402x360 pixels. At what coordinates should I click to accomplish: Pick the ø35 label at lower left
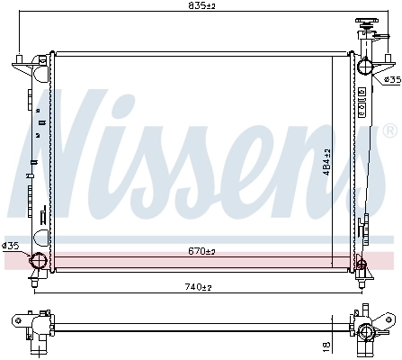[x=11, y=245]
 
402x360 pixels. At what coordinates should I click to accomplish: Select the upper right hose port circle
[x=365, y=66]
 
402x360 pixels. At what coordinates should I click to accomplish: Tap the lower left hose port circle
[x=39, y=262]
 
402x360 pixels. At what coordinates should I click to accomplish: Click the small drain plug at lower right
[x=362, y=262]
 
